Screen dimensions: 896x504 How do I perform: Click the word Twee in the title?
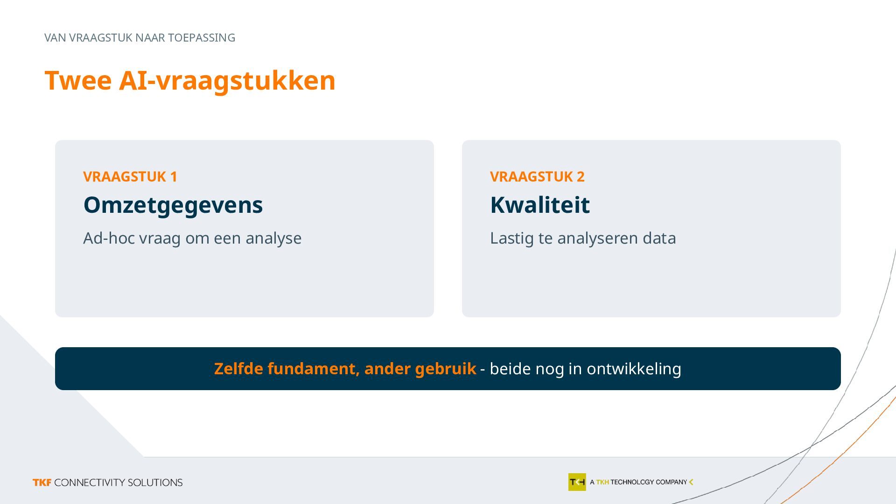click(x=78, y=80)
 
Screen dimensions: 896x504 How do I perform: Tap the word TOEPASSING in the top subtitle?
click(x=202, y=38)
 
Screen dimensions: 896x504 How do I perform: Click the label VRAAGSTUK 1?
click(x=130, y=176)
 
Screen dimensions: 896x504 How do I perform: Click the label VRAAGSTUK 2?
click(x=537, y=176)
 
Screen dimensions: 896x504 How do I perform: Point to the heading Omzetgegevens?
click(x=173, y=205)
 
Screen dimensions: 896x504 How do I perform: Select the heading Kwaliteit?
click(x=540, y=205)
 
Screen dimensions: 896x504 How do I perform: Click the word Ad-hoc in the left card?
click(x=109, y=238)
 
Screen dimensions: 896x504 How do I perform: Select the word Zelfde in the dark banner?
click(x=239, y=369)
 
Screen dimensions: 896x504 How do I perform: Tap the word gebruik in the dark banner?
click(x=445, y=369)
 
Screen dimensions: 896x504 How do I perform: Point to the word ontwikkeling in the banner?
click(x=634, y=369)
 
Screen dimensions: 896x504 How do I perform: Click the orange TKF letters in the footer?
click(x=42, y=483)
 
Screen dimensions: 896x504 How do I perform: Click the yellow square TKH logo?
click(x=577, y=482)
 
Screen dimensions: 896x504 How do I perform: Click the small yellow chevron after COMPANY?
click(x=691, y=482)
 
